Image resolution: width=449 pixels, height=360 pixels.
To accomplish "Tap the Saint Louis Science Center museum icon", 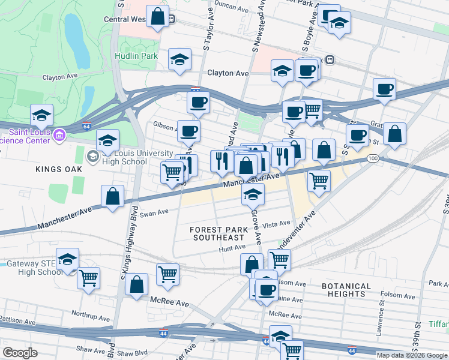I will pos(59,134).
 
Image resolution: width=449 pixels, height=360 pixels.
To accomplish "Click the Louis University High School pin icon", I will pos(92,157).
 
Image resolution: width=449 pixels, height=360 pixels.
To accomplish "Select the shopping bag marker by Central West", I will pos(158,17).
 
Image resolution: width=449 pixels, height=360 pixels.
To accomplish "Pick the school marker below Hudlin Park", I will pos(179,59).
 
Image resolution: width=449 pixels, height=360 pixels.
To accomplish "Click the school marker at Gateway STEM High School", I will pos(67,259).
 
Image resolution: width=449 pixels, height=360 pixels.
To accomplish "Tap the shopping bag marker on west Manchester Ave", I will pos(112,196).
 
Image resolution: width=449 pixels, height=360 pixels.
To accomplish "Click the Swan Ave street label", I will pos(150,213).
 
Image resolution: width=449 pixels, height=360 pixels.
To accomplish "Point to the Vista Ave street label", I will pos(276,224).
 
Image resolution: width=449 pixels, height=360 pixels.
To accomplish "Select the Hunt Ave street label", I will pos(232,247).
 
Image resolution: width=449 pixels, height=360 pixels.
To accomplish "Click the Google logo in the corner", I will pos(20,353).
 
